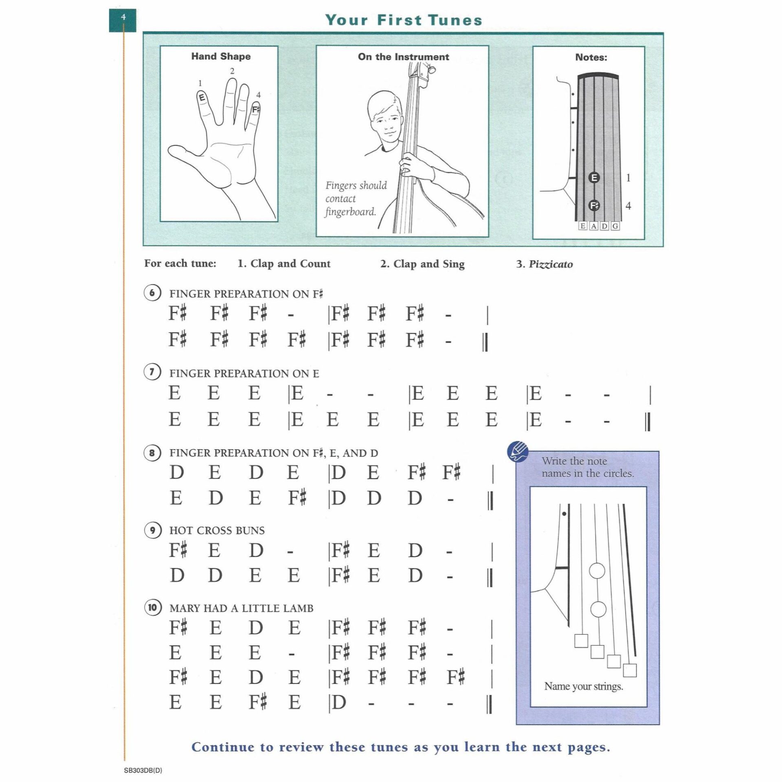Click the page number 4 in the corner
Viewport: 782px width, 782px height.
(123, 17)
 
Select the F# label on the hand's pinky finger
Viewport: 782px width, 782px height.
(255, 109)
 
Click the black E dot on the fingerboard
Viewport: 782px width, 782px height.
(594, 178)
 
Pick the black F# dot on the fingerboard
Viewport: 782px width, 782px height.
(594, 206)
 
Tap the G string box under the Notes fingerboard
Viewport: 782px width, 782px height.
(615, 226)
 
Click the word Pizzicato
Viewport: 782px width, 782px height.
(551, 264)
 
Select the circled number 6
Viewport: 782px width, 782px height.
(152, 293)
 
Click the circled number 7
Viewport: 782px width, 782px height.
(152, 372)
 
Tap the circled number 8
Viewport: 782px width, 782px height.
(152, 453)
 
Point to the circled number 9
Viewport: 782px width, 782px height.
(152, 530)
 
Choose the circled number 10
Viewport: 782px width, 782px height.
(152, 608)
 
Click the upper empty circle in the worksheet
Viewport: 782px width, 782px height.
(597, 571)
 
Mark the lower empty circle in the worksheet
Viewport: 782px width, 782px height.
(598, 609)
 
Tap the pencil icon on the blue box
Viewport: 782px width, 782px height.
(518, 452)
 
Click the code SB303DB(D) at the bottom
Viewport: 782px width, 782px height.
(143, 771)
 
